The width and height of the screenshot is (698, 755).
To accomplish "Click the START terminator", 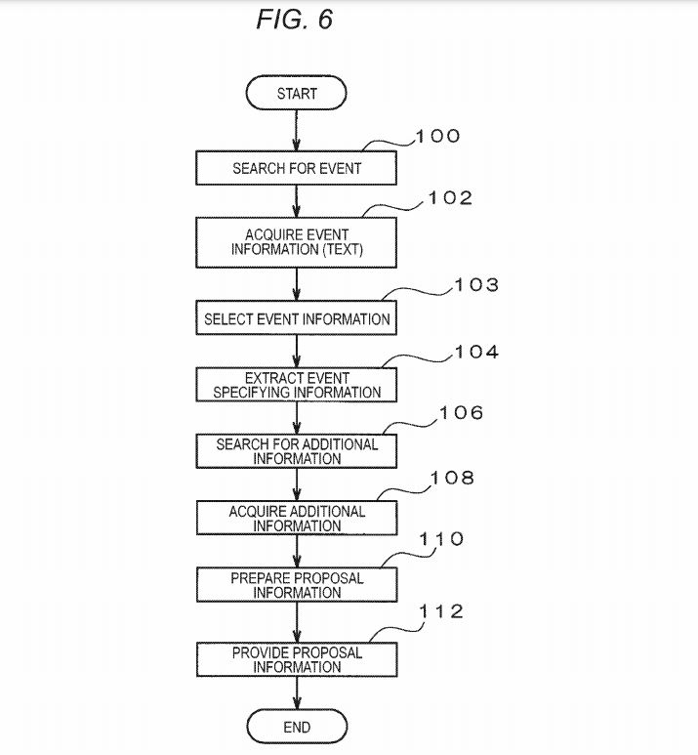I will [x=297, y=94].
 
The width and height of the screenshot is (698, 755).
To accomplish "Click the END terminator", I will [x=297, y=728].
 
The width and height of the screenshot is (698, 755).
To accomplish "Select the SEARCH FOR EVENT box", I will [x=297, y=168].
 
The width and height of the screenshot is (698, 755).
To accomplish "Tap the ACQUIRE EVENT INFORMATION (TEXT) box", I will [x=297, y=242].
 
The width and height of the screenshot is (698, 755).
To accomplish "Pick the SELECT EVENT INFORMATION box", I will [x=297, y=318].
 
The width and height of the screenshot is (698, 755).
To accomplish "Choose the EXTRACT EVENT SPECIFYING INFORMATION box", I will [x=297, y=385].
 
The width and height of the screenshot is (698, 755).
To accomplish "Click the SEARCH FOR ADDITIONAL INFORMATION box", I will [x=297, y=451].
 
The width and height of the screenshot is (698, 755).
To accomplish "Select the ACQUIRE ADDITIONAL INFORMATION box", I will [x=297, y=518].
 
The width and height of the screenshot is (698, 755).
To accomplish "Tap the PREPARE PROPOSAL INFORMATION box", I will [x=297, y=585].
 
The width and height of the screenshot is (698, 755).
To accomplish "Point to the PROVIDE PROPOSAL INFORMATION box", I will [x=297, y=659].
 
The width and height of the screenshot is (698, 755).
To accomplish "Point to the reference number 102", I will [x=450, y=198].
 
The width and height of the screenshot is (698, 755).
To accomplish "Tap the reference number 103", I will [x=475, y=285].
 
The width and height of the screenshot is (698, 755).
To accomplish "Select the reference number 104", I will [x=475, y=353].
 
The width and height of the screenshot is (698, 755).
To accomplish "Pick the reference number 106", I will [x=461, y=413].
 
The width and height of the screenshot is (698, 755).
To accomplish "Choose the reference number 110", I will [x=441, y=539].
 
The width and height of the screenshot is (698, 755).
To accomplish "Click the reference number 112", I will [x=441, y=612].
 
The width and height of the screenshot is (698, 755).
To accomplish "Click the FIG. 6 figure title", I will [x=295, y=20].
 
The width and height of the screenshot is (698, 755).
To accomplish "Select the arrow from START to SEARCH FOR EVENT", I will [x=297, y=130].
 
